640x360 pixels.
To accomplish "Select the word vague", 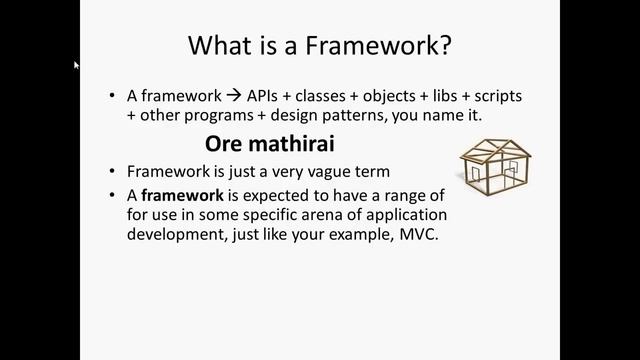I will (324, 170).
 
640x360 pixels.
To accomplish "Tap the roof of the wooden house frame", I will (494, 148).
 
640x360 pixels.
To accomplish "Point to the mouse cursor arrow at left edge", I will (77, 66).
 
